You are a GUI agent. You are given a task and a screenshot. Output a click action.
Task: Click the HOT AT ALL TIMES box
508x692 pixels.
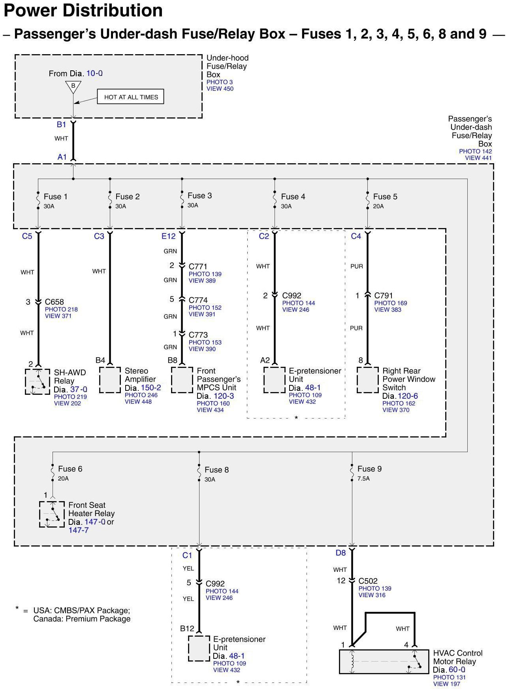click(x=130, y=97)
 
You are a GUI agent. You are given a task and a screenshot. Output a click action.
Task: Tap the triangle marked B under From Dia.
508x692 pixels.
click(x=73, y=87)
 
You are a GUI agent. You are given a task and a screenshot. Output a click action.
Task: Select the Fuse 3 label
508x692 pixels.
click(x=199, y=196)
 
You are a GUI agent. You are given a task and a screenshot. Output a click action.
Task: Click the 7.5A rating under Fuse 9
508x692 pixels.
click(x=363, y=479)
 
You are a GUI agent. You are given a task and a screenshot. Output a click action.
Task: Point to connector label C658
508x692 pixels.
click(x=55, y=302)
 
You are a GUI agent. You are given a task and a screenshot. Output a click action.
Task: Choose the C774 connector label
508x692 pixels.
click(x=198, y=300)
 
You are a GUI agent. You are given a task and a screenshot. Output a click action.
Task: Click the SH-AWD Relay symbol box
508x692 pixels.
click(x=38, y=381)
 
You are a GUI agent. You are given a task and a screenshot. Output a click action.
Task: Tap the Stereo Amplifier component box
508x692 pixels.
click(x=110, y=380)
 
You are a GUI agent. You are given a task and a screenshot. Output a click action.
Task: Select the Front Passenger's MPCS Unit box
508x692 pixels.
click(x=182, y=380)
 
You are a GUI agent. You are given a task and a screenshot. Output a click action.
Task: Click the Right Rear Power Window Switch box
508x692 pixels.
click(x=367, y=380)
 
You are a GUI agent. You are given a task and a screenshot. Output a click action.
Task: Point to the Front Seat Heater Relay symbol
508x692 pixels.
click(x=52, y=514)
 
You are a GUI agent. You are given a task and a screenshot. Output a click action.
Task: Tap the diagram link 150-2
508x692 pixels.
click(x=151, y=388)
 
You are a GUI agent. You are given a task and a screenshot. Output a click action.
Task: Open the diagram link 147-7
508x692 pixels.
click(x=79, y=530)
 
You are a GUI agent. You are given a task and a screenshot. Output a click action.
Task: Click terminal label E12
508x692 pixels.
click(x=168, y=236)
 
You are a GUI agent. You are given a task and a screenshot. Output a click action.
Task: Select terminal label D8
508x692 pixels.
click(x=341, y=553)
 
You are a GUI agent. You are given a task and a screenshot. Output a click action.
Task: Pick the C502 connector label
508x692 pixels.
click(x=368, y=581)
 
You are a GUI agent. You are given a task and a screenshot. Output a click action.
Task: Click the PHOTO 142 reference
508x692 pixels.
click(x=475, y=151)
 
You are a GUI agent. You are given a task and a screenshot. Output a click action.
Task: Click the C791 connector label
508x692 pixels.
click(x=384, y=296)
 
